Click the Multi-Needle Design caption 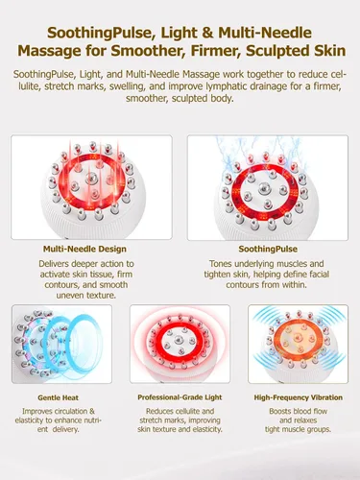(x=84, y=249)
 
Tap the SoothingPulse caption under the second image (x=268, y=249)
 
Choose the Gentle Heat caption (x=58, y=397)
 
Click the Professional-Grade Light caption (x=180, y=397)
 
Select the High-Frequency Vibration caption (x=299, y=397)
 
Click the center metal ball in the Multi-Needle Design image (x=92, y=177)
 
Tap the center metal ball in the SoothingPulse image (x=265, y=187)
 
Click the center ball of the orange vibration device (x=299, y=338)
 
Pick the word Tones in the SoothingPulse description (x=221, y=264)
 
